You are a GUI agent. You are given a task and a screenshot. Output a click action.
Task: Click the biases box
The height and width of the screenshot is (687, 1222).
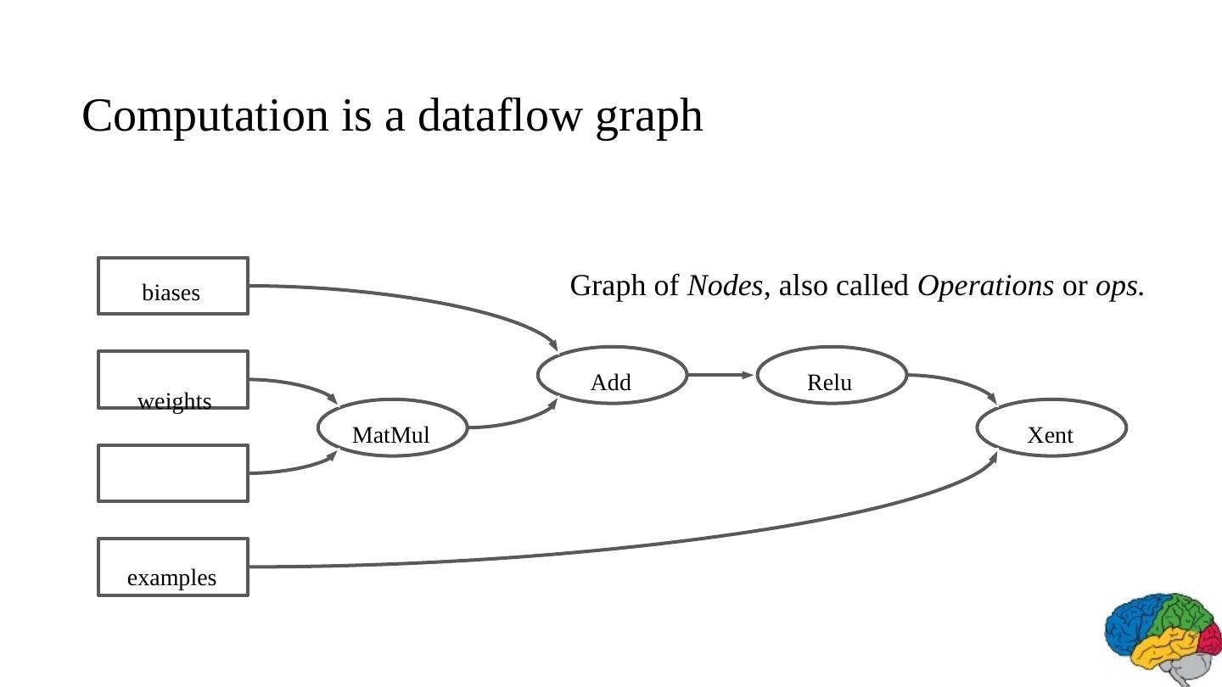pos(173,286)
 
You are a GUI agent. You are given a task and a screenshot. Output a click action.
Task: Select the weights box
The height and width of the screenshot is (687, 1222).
pos(173,379)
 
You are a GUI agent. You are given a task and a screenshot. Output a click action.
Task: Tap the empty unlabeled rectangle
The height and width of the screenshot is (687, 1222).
pos(173,473)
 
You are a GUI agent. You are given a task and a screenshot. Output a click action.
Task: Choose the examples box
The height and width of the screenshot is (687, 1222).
pos(173,567)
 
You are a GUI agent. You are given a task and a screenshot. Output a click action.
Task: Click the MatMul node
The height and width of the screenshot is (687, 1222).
pos(392,427)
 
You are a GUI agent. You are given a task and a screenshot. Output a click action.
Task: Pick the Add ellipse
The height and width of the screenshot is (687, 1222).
pos(612,375)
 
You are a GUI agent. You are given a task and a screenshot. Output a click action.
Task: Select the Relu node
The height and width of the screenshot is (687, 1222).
pos(832,375)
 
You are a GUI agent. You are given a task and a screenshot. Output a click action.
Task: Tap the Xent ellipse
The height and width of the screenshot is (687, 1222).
pos(1051,427)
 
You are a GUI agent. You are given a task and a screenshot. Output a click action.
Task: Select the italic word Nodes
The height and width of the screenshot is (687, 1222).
pos(725,286)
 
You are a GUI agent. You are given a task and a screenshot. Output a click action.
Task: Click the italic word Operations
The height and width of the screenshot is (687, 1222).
pos(985,286)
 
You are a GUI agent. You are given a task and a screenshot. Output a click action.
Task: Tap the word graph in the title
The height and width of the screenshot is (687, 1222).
pos(649,117)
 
